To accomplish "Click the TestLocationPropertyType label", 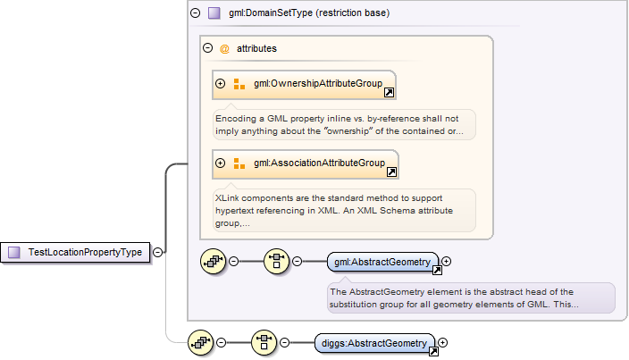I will coord(85,252).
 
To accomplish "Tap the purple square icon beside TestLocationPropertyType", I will coord(14,252).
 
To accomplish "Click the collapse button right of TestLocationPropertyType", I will coord(158,252).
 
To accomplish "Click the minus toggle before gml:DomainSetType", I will coord(196,13).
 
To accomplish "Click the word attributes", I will coord(256,48).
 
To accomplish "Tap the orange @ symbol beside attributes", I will coord(224,48).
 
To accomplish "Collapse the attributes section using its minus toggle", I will coord(207,48).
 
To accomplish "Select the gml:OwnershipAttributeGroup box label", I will coord(318,84).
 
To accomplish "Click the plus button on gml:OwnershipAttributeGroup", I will coord(221,84).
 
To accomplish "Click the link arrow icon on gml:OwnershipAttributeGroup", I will coord(389,92).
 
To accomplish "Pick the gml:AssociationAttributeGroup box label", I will coord(319,163).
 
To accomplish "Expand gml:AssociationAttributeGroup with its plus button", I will coord(221,163).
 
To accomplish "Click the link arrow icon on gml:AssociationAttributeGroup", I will coord(390,172).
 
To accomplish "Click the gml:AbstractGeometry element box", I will coord(382,262).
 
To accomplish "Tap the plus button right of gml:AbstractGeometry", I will coord(447,262).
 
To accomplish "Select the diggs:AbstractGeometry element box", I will coord(373,342).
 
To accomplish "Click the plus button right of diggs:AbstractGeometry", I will coord(441,342).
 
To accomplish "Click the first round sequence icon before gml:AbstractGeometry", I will coord(214,262).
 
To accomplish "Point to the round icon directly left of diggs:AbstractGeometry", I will coord(264,342).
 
